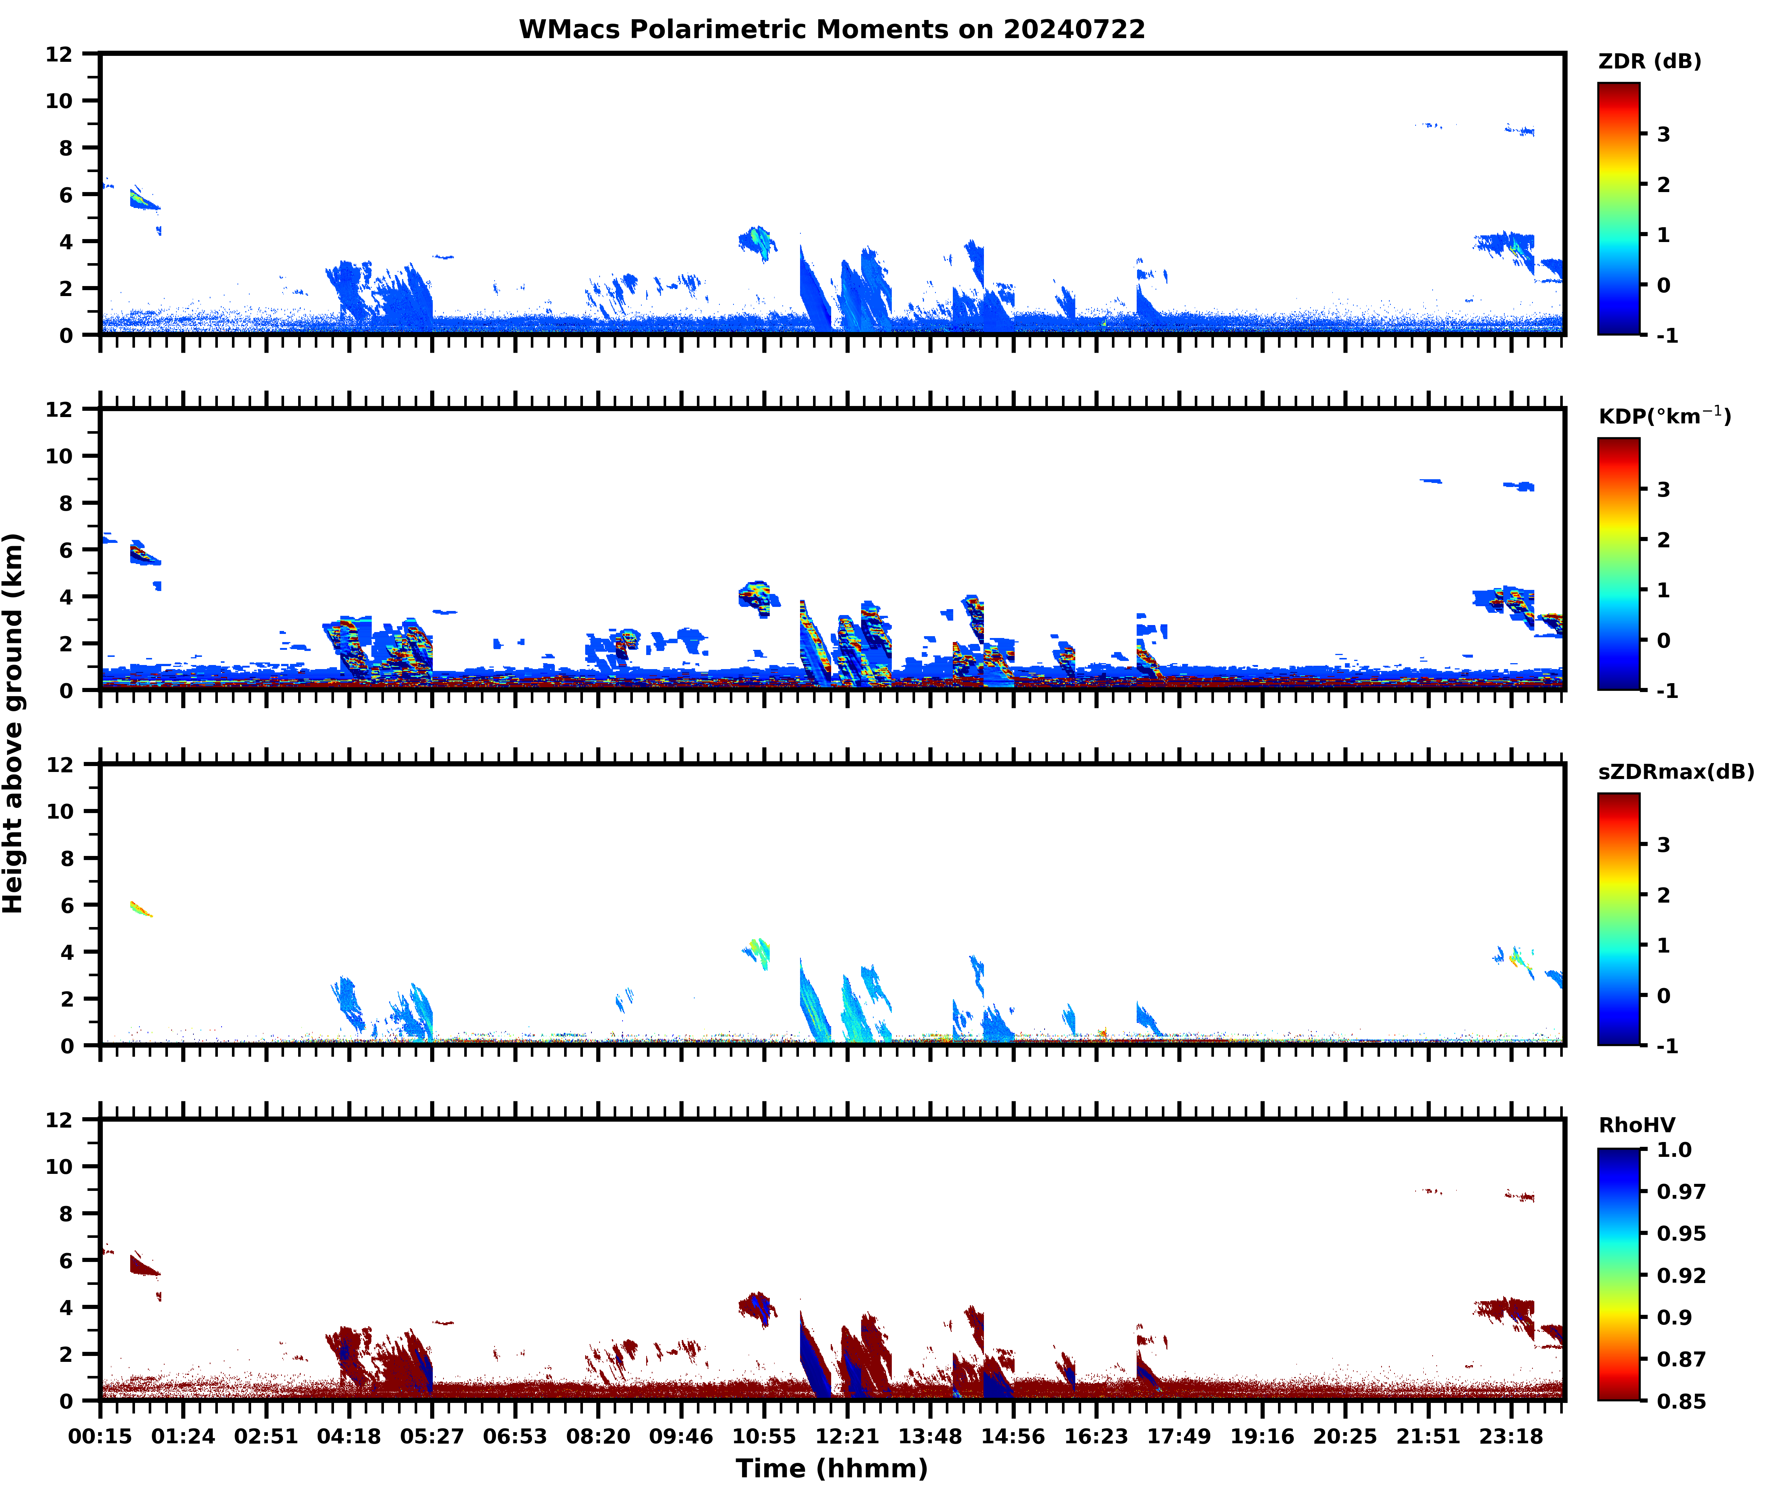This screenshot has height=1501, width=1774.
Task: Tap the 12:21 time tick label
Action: coord(846,1436)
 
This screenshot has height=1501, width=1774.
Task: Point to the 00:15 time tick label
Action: coord(100,1436)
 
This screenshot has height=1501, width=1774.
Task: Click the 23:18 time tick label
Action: coord(1510,1436)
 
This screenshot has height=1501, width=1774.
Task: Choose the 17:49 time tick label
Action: coord(1179,1436)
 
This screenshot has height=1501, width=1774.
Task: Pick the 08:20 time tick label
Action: coord(598,1436)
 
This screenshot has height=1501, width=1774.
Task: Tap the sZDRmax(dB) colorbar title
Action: coord(1675,772)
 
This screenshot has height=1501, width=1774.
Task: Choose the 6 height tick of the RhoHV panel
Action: coord(65,1261)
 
